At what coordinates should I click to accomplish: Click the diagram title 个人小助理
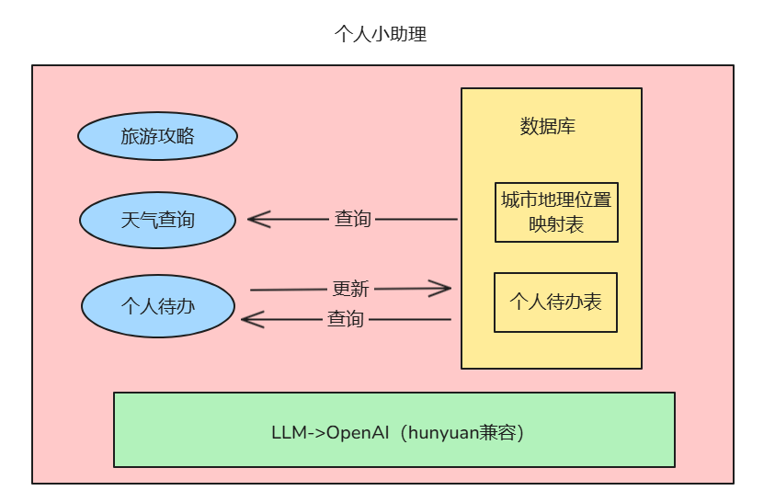coord(381,35)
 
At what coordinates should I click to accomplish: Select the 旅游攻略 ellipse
coord(157,137)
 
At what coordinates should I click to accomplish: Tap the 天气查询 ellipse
coord(157,220)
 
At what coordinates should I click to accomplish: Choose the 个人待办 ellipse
coord(157,306)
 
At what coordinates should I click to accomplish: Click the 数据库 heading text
coord(548,127)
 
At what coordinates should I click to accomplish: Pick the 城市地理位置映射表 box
coord(556,211)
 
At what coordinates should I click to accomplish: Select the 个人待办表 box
coord(555,302)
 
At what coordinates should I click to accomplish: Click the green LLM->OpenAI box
coord(393,429)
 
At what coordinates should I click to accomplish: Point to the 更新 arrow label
coord(350,290)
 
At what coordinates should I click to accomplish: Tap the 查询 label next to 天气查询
coord(353,219)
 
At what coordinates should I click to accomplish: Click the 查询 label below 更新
coord(346,319)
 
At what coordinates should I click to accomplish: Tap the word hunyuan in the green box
coord(444,432)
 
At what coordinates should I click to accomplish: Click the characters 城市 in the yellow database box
coord(514,199)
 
